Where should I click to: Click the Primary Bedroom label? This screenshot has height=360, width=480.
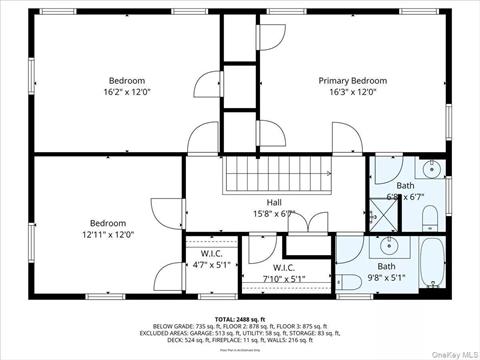click(x=352, y=80)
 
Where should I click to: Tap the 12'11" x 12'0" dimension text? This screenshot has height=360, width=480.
click(x=108, y=235)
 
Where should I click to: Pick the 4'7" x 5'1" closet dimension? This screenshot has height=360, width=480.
click(x=211, y=266)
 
